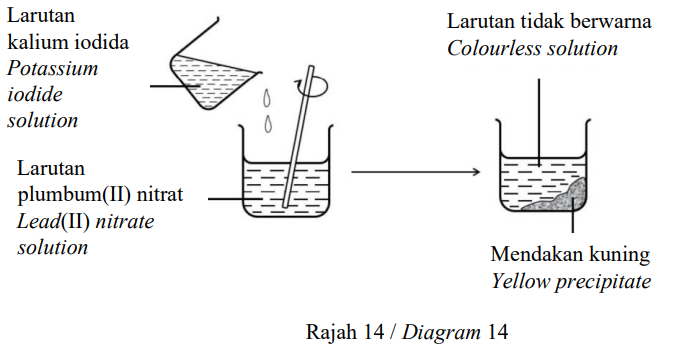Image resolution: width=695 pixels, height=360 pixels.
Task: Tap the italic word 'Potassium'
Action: tap(52, 68)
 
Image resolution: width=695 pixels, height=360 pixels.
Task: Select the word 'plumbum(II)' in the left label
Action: tap(74, 195)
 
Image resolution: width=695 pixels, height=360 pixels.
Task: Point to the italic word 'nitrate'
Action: tap(125, 221)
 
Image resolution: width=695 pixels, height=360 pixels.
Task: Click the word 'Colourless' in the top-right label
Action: tap(493, 48)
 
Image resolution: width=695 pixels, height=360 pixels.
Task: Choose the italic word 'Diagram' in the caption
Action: tap(441, 333)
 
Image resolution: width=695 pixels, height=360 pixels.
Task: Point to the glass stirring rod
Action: tap(298, 137)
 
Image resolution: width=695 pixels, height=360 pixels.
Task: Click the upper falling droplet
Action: tap(267, 98)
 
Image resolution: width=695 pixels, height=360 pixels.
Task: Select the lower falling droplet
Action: tap(268, 124)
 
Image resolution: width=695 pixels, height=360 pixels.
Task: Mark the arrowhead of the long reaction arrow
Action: tap(477, 172)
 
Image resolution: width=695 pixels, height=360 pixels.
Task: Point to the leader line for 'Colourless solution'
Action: tap(539, 122)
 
